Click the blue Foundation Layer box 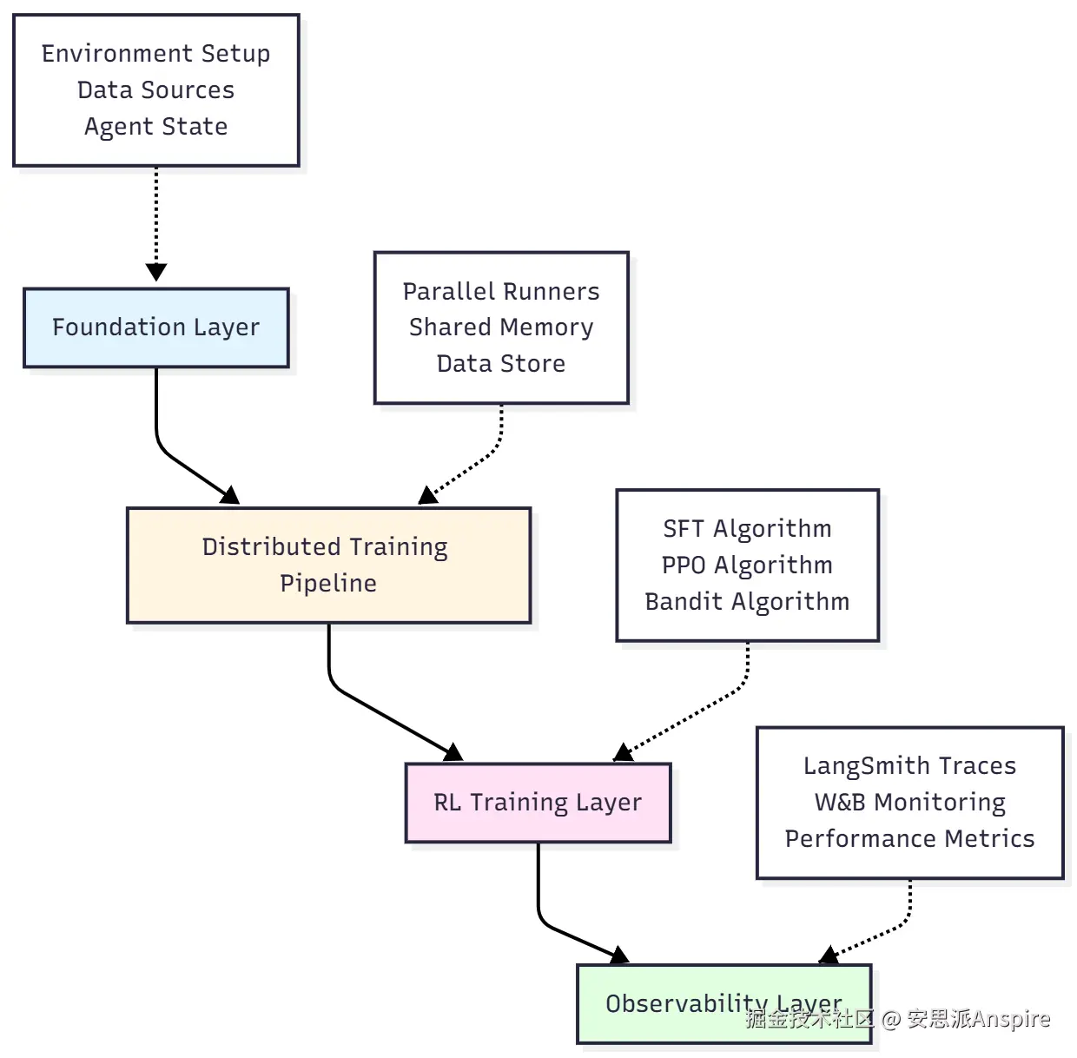(156, 327)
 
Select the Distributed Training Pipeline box (328, 565)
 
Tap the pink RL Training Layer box (538, 803)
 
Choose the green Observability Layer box (660, 1004)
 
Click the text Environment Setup (156, 54)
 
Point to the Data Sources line (156, 90)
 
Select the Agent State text (156, 127)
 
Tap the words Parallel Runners (501, 292)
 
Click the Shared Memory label (501, 327)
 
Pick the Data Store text (501, 364)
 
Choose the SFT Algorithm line (747, 529)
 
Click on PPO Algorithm (747, 565)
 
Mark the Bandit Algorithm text (747, 602)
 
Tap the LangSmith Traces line (909, 766)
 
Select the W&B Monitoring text (909, 803)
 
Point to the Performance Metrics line (909, 839)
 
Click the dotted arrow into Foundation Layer (156, 222)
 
